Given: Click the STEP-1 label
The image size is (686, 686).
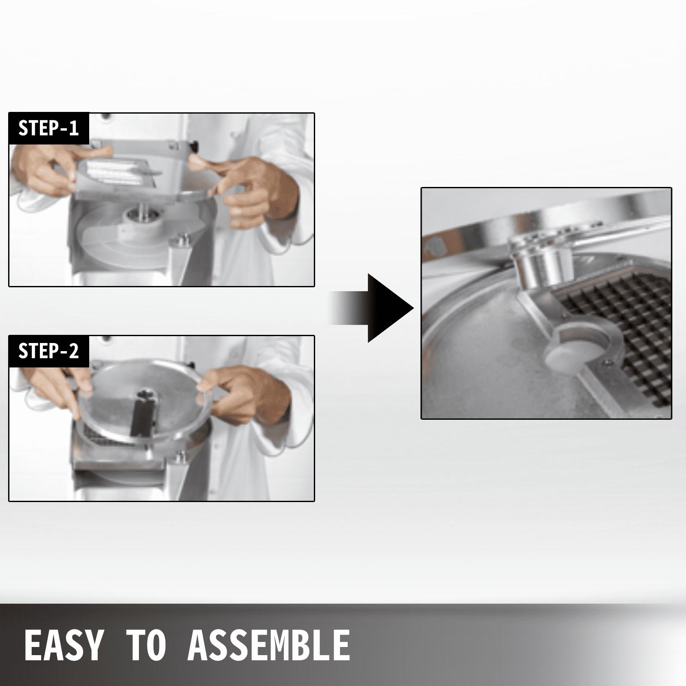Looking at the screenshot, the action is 48,128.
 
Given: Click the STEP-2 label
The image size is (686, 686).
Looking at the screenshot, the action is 48,351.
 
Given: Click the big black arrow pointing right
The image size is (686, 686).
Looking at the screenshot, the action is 371,308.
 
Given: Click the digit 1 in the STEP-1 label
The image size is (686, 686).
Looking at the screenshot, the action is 73,128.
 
